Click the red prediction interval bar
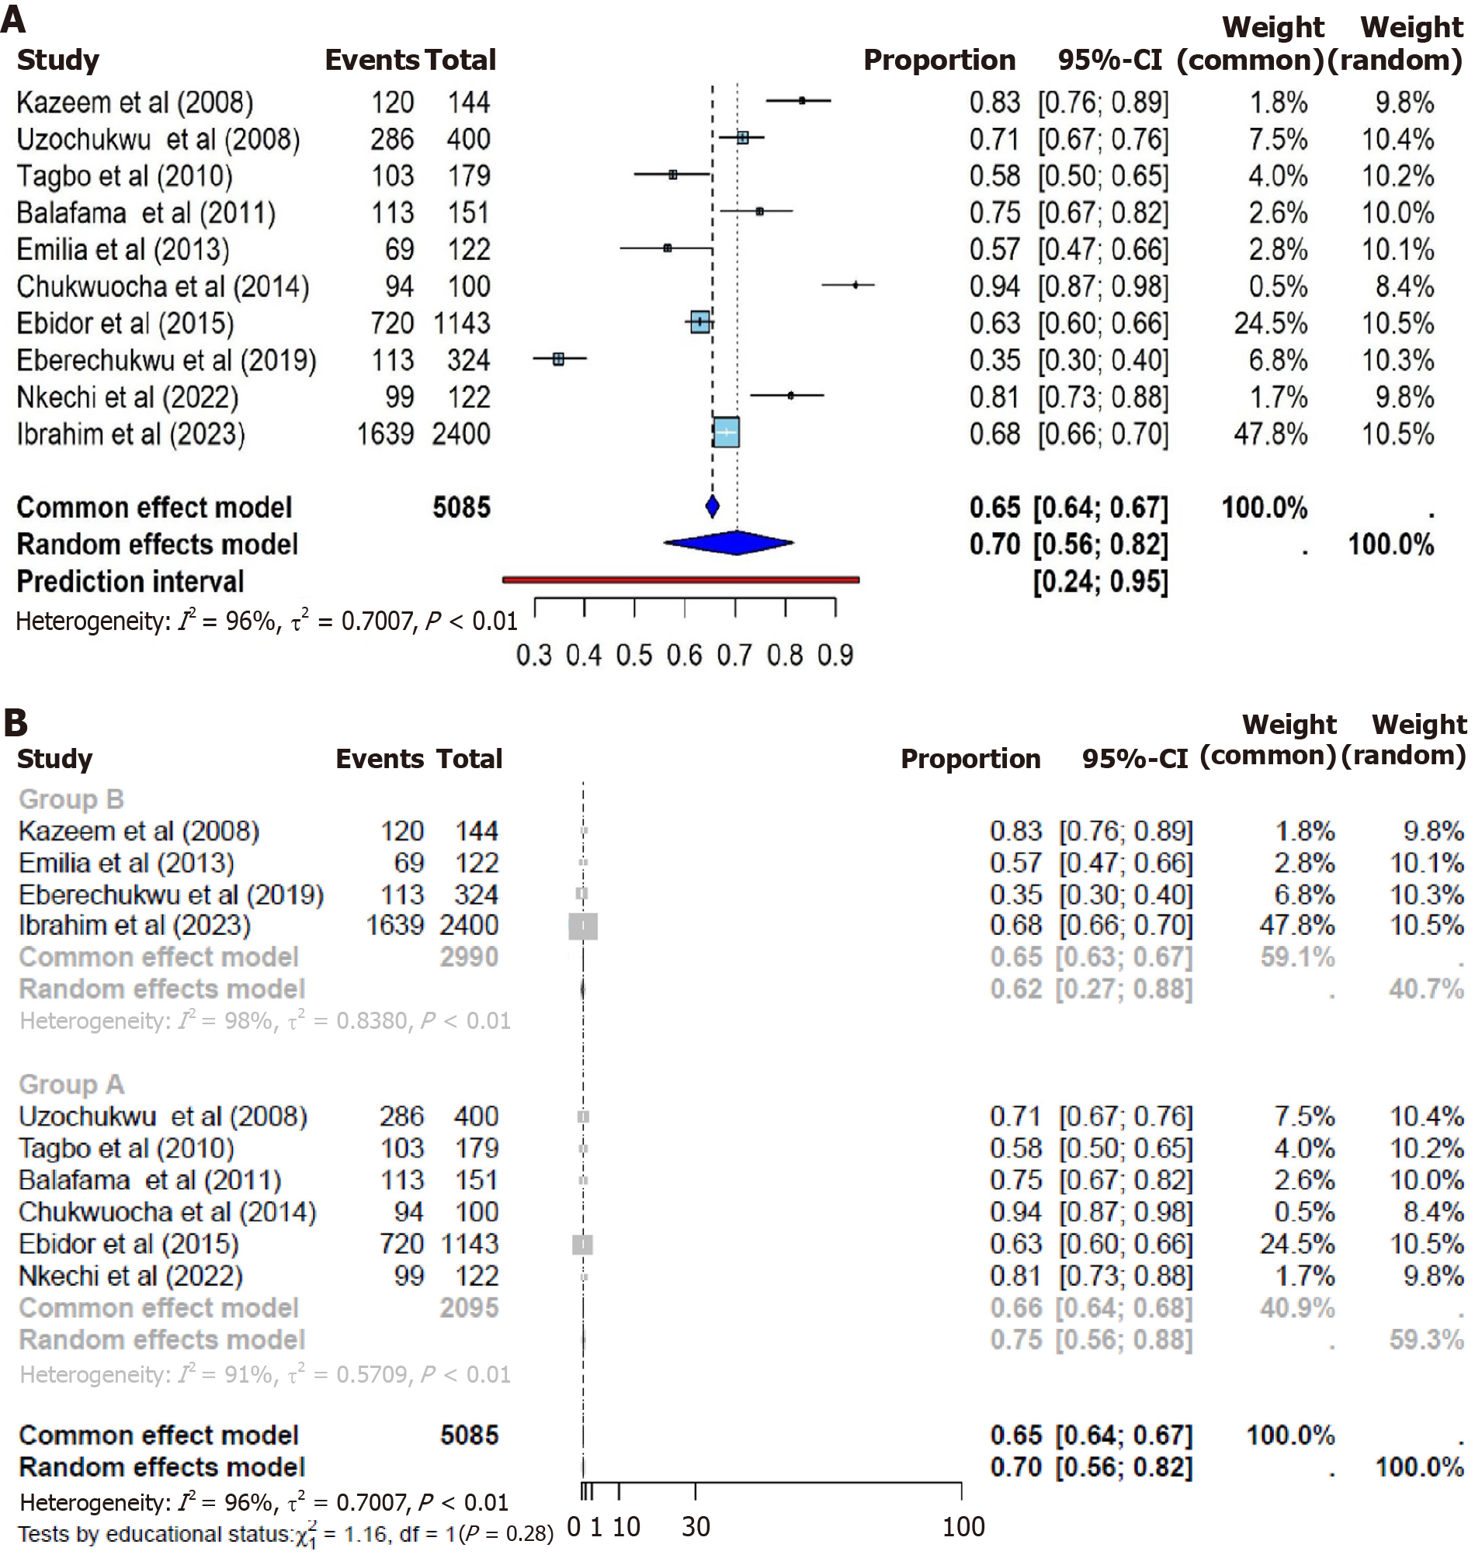(x=680, y=580)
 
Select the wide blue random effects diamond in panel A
(x=729, y=543)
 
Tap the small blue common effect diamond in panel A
(x=713, y=507)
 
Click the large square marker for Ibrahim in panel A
(x=726, y=433)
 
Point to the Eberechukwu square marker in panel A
(x=558, y=359)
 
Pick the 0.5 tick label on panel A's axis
(x=635, y=655)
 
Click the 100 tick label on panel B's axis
(x=963, y=1526)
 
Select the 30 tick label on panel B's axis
(x=696, y=1526)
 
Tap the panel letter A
(x=13, y=19)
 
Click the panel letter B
(x=15, y=722)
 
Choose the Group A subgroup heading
(x=71, y=1084)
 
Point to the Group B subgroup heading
(x=71, y=799)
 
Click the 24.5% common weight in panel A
(x=1270, y=323)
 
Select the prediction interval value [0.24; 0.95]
(x=1100, y=582)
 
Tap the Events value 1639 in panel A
(x=385, y=434)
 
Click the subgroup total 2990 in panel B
(x=469, y=957)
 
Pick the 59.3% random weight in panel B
(x=1426, y=1339)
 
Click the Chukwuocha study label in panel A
(x=163, y=286)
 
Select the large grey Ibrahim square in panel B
(x=583, y=926)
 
